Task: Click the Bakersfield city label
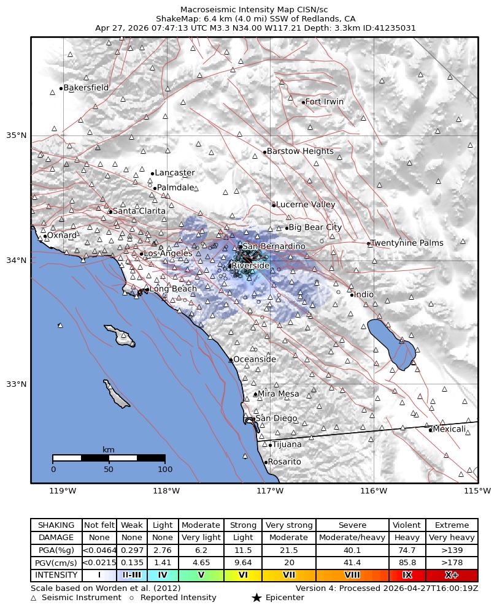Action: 86,88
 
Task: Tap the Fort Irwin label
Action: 325,102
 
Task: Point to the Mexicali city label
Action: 449,429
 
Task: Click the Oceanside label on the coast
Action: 255,359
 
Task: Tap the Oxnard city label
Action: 62,235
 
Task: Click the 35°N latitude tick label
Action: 17,135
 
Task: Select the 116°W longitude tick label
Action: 374,490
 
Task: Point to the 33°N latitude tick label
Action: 17,384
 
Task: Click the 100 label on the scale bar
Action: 165,470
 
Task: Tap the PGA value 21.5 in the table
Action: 288,550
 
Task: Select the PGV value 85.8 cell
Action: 407,563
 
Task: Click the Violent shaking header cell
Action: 407,525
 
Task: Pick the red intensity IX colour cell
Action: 407,575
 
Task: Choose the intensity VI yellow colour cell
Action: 243,575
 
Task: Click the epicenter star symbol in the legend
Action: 256,598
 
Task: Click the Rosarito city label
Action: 285,462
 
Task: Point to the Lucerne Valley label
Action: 306,205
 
